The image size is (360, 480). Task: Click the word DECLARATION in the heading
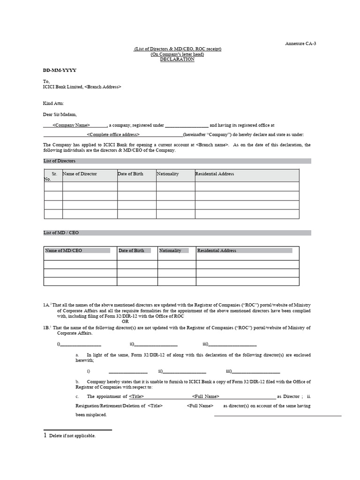point(177,60)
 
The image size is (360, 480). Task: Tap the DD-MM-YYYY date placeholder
point(60,70)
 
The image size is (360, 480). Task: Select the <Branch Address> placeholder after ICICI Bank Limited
point(103,87)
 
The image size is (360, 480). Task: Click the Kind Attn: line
point(53,103)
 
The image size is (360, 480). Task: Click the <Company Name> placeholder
point(71,126)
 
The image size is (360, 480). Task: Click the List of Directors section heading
point(60,161)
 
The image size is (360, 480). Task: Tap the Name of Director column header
point(80,174)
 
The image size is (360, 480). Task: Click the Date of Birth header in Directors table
point(131,174)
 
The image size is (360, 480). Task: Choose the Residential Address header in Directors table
point(215,174)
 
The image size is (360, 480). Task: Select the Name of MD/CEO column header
point(64,251)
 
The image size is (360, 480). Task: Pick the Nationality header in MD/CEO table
point(170,251)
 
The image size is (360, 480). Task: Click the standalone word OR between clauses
point(125,322)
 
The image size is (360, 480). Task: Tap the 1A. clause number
point(46,305)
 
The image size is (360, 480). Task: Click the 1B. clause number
point(46,328)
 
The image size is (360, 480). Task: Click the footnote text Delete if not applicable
point(72,436)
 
